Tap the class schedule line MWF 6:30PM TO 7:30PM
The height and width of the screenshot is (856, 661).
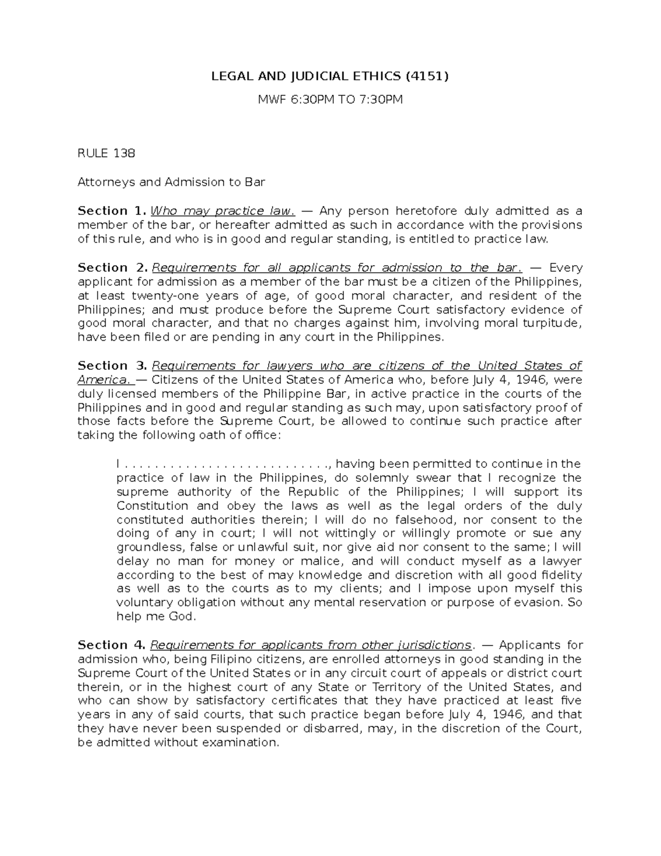click(330, 100)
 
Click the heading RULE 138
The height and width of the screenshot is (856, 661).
click(106, 153)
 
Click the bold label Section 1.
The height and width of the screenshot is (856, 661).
click(112, 211)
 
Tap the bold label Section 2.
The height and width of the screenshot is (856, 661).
click(112, 267)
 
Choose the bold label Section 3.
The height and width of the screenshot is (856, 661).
click(112, 365)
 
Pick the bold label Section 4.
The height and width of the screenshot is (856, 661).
click(112, 645)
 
